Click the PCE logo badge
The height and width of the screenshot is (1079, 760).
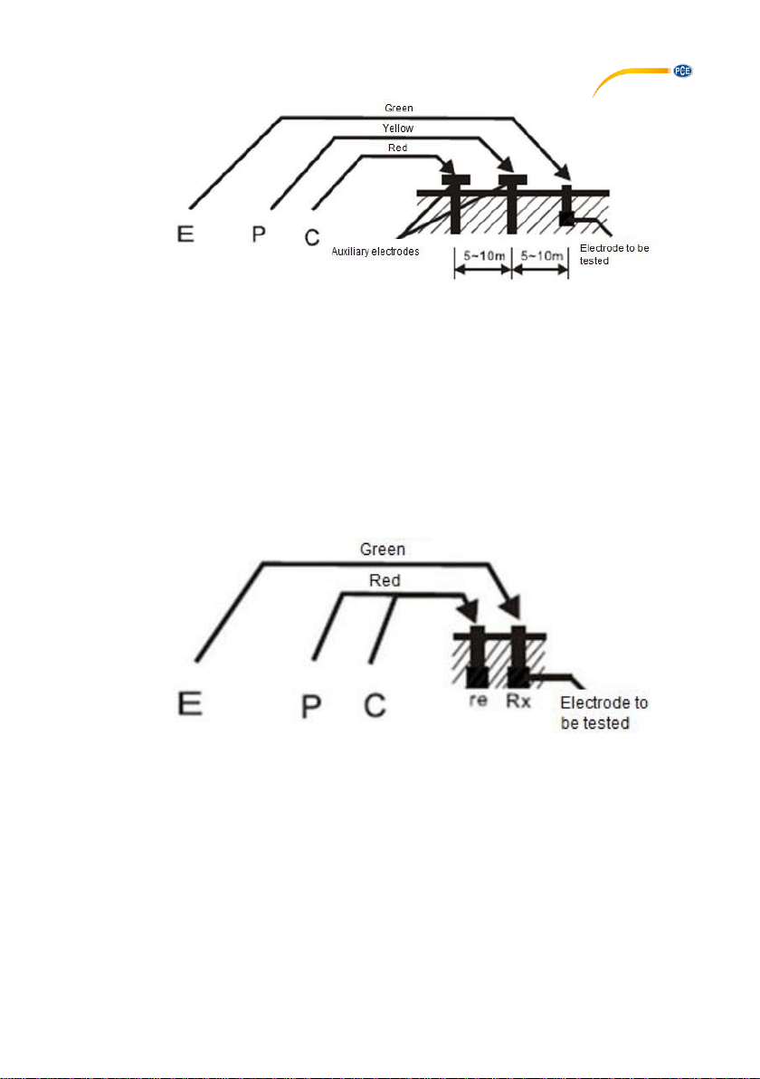(x=682, y=71)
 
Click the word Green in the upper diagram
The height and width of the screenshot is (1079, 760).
(x=399, y=108)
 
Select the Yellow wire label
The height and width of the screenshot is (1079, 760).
(x=397, y=128)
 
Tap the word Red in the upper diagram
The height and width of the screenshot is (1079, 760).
(x=397, y=148)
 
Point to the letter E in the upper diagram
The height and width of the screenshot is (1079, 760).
(x=185, y=234)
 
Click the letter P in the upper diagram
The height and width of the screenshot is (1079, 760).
(x=259, y=234)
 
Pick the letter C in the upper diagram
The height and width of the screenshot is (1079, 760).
(x=312, y=237)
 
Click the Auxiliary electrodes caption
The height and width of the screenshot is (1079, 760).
(x=375, y=251)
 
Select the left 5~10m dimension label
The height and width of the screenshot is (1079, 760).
(x=484, y=256)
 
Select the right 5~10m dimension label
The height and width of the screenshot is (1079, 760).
(x=542, y=256)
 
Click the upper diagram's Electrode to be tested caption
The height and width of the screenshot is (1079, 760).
(x=614, y=254)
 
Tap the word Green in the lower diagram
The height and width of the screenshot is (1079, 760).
(x=383, y=549)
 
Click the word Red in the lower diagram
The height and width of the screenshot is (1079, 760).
(x=385, y=580)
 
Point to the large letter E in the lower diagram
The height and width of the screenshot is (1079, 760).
(x=190, y=703)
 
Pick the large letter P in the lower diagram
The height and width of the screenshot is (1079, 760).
(x=311, y=706)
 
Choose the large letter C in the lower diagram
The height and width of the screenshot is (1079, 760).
(x=375, y=705)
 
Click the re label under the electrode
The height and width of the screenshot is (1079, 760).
(x=478, y=700)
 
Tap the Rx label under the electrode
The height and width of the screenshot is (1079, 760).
(x=518, y=701)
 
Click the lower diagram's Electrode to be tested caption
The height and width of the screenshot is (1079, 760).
(x=603, y=713)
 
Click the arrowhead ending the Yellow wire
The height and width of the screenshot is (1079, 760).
(x=506, y=164)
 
